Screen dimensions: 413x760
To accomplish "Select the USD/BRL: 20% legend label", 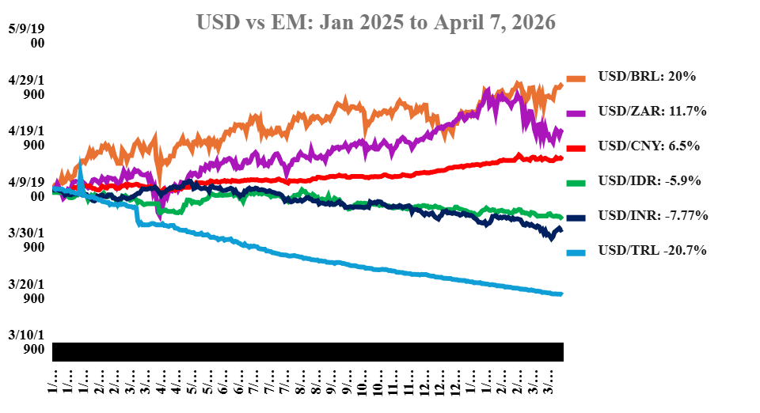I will pos(647,77).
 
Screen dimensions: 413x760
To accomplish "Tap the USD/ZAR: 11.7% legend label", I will pos(652,112).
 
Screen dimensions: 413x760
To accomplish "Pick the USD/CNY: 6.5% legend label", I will pos(648,146).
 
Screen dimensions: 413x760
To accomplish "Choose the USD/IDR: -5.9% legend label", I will pos(651,181).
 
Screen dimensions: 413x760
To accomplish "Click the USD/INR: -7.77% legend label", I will pos(653,216).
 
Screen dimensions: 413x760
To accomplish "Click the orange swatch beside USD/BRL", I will pos(577,78).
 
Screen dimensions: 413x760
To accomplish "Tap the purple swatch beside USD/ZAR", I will pos(577,112).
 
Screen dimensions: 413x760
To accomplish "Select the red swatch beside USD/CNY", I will pos(577,147).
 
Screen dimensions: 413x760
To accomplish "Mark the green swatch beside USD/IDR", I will pos(577,182).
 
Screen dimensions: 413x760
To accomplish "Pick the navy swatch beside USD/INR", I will pos(577,217).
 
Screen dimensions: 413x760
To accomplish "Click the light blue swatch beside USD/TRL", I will pos(577,252).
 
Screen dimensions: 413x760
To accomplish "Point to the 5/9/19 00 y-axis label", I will pos(26,36).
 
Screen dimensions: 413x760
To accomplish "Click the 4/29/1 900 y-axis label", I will pos(26,87).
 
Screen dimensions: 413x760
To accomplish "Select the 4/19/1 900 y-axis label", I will pos(26,138).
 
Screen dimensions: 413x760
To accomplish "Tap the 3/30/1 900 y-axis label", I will pos(26,240).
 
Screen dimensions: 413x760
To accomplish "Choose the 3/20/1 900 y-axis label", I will pos(26,291).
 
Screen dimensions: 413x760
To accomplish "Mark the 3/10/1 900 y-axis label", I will pos(26,342).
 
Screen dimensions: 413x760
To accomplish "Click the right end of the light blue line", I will pos(560,294).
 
